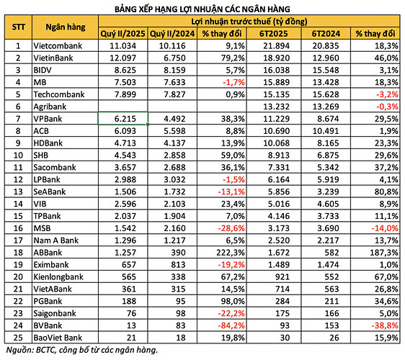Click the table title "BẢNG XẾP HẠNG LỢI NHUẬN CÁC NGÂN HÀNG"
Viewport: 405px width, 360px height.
tap(202, 9)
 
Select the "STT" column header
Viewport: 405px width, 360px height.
tap(18, 27)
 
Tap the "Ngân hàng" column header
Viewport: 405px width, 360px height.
tap(66, 27)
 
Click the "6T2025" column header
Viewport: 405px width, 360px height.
tap(274, 34)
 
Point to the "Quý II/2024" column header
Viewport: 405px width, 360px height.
tap(172, 34)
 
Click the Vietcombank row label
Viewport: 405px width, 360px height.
tap(58, 45)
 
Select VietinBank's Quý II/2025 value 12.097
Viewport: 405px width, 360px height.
tap(123, 58)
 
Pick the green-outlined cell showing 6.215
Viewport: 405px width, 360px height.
tap(123, 119)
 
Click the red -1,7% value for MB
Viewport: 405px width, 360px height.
tap(233, 82)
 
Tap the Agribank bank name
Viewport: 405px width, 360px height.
tap(50, 107)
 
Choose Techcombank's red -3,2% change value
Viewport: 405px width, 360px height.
tap(387, 94)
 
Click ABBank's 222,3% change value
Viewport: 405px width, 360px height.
tap(231, 253)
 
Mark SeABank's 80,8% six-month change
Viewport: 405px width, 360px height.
tap(386, 192)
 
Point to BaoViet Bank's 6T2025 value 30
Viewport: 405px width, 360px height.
tap(285, 338)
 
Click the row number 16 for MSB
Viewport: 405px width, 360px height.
tap(18, 228)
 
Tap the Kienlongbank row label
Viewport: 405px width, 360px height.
tap(58, 277)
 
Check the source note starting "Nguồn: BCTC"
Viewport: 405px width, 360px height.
tap(81, 350)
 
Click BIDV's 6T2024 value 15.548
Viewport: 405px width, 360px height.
tap(326, 70)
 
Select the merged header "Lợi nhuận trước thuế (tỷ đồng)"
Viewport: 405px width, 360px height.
tap(249, 21)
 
